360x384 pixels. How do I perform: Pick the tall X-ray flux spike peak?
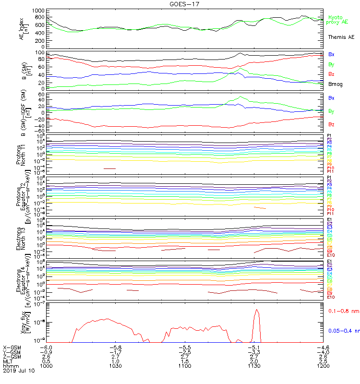click(257, 310)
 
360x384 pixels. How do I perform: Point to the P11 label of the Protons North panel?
click(330, 171)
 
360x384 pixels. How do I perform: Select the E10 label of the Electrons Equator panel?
click(331, 297)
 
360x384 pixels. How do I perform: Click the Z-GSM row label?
click(12, 357)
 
